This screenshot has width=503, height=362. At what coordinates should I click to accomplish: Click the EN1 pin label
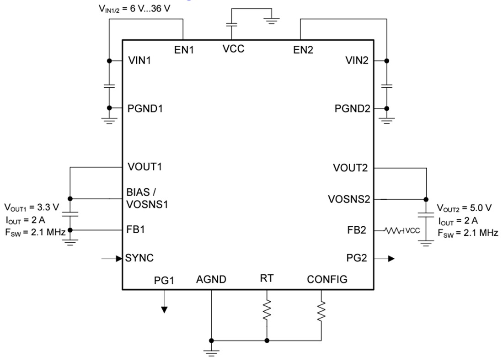tap(184, 50)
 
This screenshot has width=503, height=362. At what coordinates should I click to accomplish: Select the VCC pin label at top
tap(233, 49)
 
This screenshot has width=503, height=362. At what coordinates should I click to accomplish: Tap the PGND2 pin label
tap(353, 109)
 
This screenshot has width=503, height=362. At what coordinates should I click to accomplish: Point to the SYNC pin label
tap(139, 258)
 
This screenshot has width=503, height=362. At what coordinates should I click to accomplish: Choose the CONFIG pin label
tap(327, 279)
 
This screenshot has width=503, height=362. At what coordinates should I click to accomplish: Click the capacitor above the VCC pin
tap(232, 25)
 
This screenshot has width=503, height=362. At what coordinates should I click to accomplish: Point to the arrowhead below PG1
tap(164, 309)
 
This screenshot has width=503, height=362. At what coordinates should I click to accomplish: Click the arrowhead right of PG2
tap(391, 258)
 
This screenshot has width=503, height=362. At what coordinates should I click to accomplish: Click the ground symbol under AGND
tap(211, 352)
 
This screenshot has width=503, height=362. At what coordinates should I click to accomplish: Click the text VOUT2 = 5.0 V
tap(464, 208)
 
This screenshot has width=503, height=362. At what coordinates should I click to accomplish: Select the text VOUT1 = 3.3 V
tap(32, 208)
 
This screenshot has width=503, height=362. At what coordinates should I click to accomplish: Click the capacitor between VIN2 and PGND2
tap(387, 85)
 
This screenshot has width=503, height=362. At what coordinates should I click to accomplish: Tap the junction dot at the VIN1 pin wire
tap(109, 61)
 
